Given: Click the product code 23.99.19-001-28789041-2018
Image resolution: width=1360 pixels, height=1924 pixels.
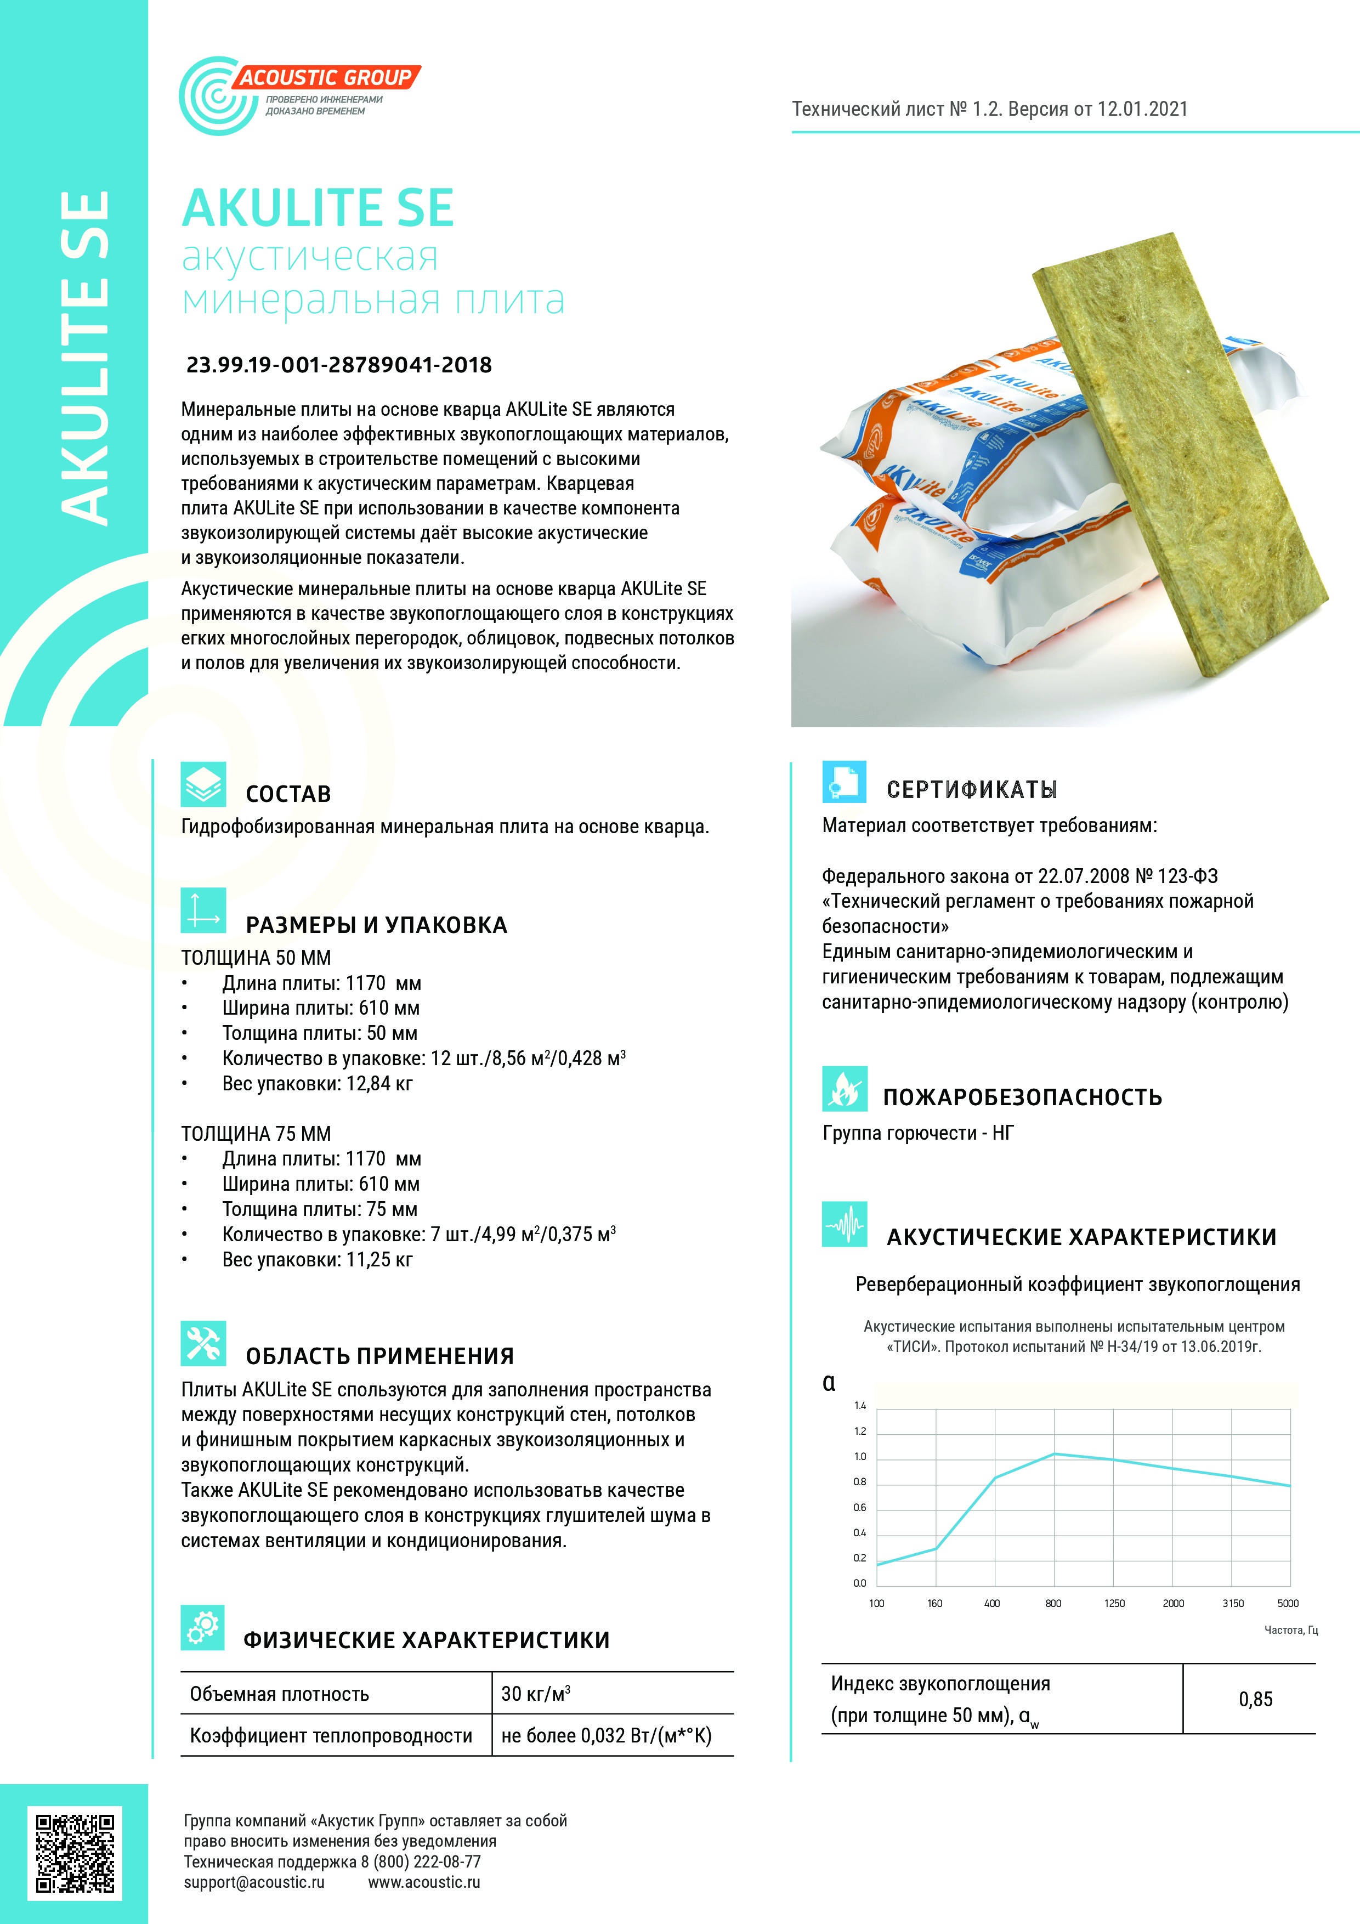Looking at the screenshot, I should click(338, 365).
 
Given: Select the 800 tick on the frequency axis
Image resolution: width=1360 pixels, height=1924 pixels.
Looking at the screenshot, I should click(1053, 1603).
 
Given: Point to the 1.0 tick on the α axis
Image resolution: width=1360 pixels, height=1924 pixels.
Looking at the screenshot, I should click(860, 1456).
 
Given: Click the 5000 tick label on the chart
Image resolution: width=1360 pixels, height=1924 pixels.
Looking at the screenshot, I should click(1288, 1603).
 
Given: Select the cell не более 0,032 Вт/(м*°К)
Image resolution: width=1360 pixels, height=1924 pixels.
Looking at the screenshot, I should click(606, 1735).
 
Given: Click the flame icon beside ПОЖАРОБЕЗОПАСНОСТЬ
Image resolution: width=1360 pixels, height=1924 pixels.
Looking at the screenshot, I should click(844, 1089).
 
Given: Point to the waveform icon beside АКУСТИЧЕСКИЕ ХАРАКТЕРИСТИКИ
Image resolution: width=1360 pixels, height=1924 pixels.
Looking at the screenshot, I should click(844, 1225).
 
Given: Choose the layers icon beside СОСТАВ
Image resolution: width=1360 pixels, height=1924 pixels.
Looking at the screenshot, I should click(203, 784).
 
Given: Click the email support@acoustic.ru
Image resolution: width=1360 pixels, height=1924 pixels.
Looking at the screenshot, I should click(254, 1882).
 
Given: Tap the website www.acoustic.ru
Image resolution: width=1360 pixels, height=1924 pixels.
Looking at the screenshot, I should click(424, 1882).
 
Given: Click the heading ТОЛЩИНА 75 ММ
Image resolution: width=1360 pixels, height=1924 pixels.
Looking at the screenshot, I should click(256, 1133).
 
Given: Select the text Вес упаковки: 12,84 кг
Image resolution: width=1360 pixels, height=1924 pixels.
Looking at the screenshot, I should click(317, 1084).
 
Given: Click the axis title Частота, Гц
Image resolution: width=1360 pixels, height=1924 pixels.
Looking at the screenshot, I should click(1290, 1630).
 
